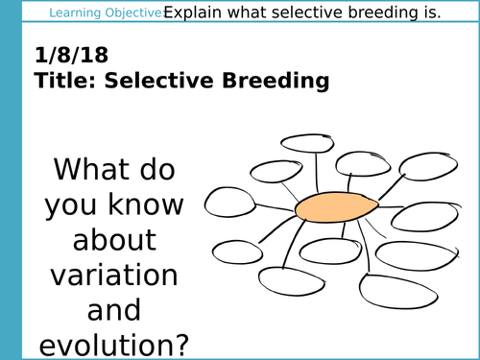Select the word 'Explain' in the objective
pos(195,13)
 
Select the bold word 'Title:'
pos(61,83)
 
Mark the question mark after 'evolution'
pos(181,345)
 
